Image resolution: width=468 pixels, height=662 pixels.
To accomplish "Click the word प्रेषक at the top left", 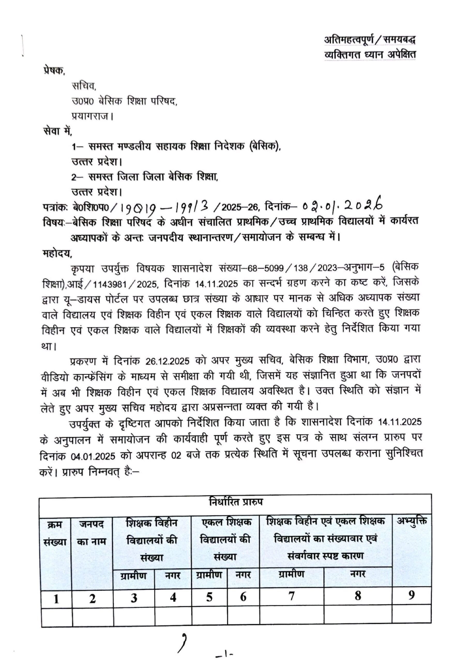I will click(54, 70).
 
